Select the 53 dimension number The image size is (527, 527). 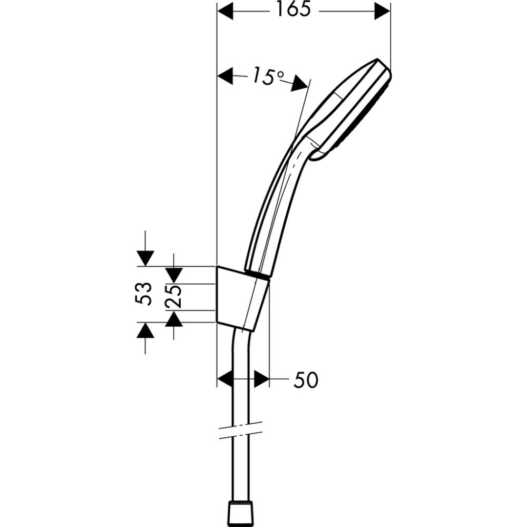[x=144, y=294]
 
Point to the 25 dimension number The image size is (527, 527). [x=174, y=297]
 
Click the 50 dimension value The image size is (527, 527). [x=306, y=380]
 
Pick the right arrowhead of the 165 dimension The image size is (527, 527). [x=382, y=11]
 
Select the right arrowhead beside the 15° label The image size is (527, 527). [x=301, y=83]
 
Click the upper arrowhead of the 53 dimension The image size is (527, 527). [x=144, y=258]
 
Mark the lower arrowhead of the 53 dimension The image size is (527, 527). [x=144, y=330]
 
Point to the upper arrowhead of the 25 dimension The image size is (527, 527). [x=174, y=275]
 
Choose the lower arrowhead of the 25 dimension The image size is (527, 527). [x=174, y=319]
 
